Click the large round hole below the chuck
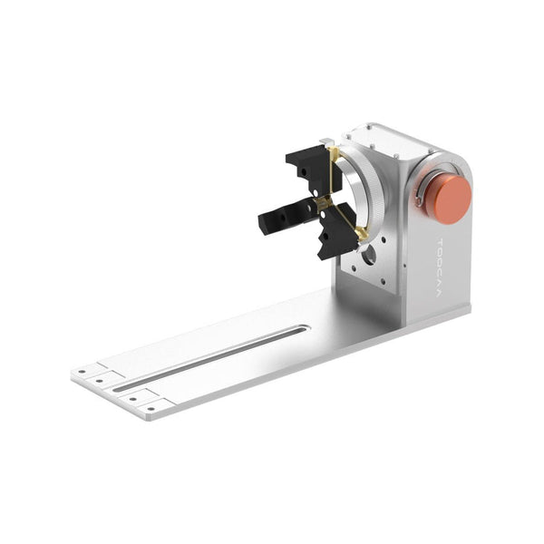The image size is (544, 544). point(368,257)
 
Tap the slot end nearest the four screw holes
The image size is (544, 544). point(119,388)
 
